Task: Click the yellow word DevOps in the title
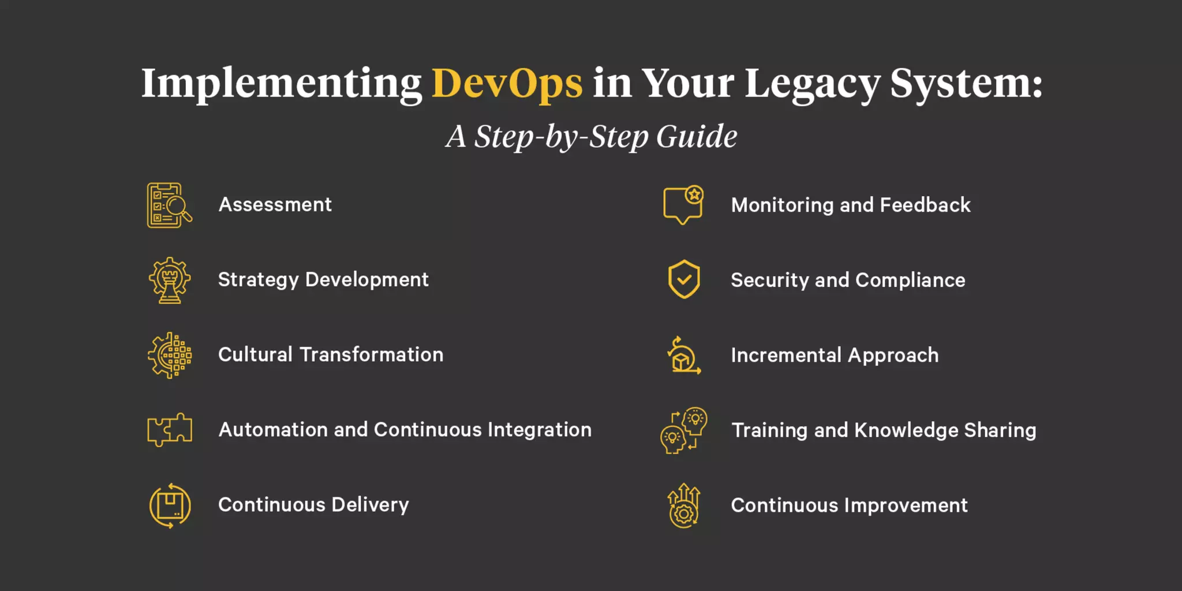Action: [x=507, y=84]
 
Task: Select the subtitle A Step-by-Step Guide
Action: [x=591, y=137]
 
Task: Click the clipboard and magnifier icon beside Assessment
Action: [x=169, y=205]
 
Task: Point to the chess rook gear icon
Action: [x=169, y=280]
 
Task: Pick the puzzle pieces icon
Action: [x=169, y=430]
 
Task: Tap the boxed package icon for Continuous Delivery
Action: [x=170, y=506]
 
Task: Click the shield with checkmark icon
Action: [x=684, y=279]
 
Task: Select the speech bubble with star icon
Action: [x=683, y=205]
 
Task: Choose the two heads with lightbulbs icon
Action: [x=684, y=430]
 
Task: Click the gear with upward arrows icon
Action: [x=684, y=506]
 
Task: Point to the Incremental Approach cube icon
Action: [x=684, y=356]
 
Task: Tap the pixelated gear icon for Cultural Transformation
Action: [x=169, y=356]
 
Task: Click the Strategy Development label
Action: [x=323, y=280]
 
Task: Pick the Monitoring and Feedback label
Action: [x=851, y=205]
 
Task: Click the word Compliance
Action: [x=910, y=280]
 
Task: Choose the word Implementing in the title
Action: [x=282, y=84]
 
